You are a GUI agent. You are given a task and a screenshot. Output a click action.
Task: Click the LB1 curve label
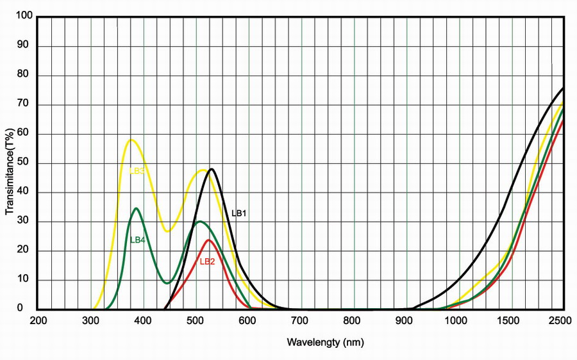click(x=239, y=213)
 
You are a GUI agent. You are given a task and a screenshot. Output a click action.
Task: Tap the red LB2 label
click(x=208, y=261)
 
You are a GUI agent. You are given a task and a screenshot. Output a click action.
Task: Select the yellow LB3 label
click(x=137, y=171)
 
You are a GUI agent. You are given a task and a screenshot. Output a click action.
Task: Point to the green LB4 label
click(x=138, y=240)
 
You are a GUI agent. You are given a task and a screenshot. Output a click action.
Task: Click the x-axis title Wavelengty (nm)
click(x=325, y=343)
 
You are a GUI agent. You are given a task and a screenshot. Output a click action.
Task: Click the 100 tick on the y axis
click(x=24, y=17)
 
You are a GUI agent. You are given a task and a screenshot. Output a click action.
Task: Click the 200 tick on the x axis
click(x=38, y=320)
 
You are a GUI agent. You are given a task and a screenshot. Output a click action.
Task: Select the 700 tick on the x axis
click(x=301, y=320)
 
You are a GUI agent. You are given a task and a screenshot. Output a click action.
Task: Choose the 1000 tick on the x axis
click(x=459, y=320)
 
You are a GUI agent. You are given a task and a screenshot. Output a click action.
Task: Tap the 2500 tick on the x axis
click(x=564, y=320)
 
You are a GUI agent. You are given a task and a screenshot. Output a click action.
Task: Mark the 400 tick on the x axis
click(x=144, y=320)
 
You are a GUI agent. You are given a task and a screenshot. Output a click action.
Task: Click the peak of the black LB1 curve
click(x=211, y=169)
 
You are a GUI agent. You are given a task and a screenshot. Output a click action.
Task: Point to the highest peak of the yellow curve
click(x=131, y=140)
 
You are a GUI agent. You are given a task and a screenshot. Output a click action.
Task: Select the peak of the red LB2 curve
click(x=208, y=240)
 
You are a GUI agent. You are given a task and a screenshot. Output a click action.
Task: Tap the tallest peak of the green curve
click(x=136, y=208)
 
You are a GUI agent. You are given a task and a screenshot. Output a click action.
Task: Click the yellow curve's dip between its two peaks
click(x=168, y=231)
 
